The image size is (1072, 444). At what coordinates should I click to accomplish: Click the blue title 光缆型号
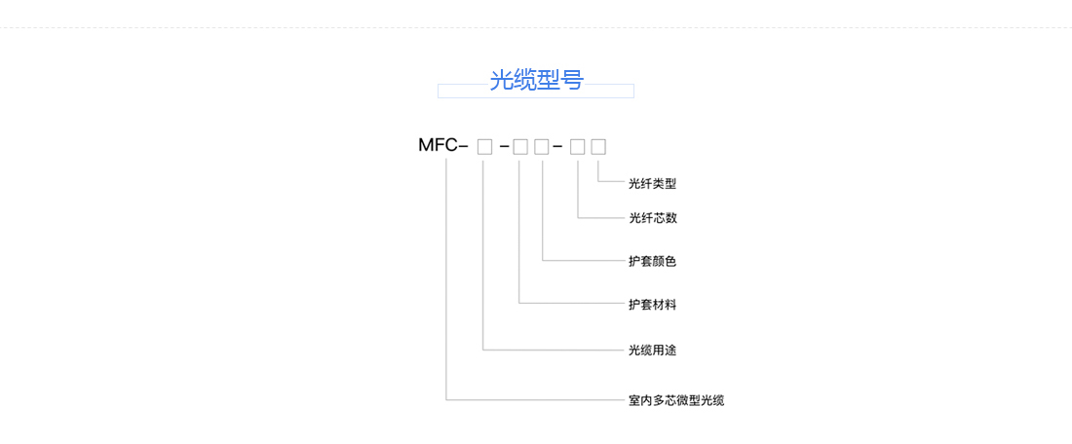click(536, 80)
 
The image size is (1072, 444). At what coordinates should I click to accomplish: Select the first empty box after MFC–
click(484, 147)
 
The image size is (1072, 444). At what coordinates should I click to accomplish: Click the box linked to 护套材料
click(520, 147)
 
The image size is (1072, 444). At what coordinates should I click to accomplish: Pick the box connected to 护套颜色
click(542, 147)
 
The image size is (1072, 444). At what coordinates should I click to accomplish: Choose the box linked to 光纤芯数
click(578, 147)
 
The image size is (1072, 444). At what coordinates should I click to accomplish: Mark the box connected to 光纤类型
click(598, 147)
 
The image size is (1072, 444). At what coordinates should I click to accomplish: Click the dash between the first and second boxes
click(504, 147)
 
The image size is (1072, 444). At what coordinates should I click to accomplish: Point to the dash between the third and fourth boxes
click(557, 147)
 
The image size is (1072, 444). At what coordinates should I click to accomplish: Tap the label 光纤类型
click(652, 183)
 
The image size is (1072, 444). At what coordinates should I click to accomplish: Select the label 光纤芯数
click(652, 218)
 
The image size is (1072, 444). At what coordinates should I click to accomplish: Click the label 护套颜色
click(652, 262)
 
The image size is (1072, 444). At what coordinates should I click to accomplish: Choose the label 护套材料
click(652, 305)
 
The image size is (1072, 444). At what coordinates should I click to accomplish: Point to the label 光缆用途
click(652, 350)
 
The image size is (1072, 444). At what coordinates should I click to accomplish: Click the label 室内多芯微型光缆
click(676, 400)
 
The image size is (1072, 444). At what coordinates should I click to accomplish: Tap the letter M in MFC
click(426, 146)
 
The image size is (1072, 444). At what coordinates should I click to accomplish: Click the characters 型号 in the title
click(559, 80)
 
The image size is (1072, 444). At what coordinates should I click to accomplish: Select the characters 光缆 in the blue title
click(513, 80)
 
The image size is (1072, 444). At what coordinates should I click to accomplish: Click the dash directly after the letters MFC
click(463, 147)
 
